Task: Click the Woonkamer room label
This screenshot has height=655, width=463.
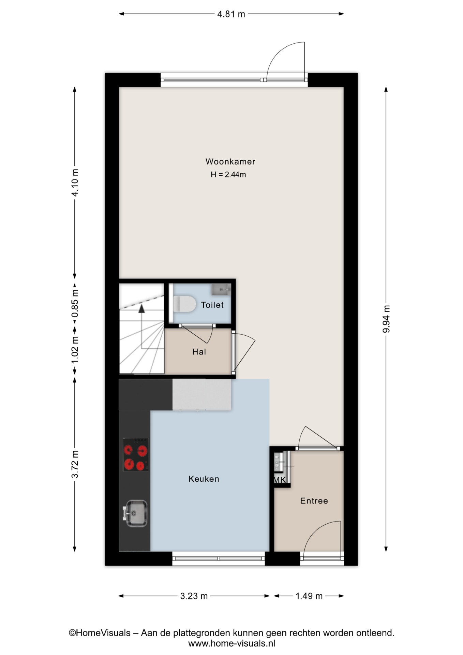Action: pyautogui.click(x=230, y=162)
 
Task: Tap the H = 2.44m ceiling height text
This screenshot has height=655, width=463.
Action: pyautogui.click(x=228, y=175)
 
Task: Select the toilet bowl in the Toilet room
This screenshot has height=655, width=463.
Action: pyautogui.click(x=184, y=304)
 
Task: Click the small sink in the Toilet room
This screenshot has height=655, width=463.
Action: pyautogui.click(x=221, y=290)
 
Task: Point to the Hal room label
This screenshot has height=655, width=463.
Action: pyautogui.click(x=199, y=352)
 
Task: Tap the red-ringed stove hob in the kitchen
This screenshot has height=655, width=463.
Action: pyautogui.click(x=136, y=455)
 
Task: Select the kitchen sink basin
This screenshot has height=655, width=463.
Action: pyautogui.click(x=136, y=513)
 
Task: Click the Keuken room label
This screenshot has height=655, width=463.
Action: pyautogui.click(x=204, y=479)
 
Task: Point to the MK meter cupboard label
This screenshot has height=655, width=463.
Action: pyautogui.click(x=280, y=480)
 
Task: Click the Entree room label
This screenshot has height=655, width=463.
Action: pyautogui.click(x=314, y=501)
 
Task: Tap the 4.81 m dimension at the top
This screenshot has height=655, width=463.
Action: pyautogui.click(x=231, y=14)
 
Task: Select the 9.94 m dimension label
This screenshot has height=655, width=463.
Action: pyautogui.click(x=386, y=319)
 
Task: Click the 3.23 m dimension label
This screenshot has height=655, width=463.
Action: pyautogui.click(x=194, y=596)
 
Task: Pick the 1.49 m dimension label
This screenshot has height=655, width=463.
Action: pyautogui.click(x=309, y=596)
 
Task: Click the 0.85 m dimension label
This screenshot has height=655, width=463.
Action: pyautogui.click(x=75, y=303)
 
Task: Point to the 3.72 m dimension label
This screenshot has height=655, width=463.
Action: pyautogui.click(x=75, y=464)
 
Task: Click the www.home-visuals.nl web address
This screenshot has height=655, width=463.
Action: pyautogui.click(x=232, y=644)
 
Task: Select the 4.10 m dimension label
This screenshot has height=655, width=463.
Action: pyautogui.click(x=75, y=182)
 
